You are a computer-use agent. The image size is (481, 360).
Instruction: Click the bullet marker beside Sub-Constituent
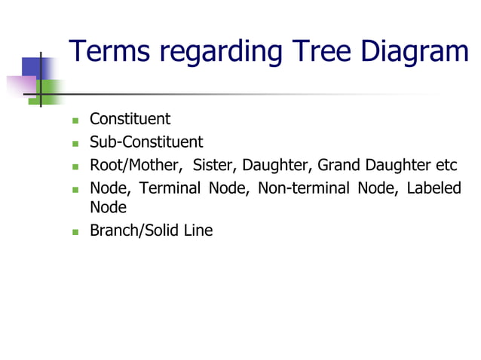coord(75,143)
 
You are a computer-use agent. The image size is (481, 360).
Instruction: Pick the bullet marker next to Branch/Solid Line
coord(75,232)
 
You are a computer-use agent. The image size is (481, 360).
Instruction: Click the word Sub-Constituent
coord(146,142)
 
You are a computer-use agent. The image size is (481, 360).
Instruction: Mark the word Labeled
coord(434,188)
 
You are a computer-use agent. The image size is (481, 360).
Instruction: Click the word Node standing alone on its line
coord(108,207)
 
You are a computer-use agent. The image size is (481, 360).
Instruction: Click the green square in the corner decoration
coord(51,91)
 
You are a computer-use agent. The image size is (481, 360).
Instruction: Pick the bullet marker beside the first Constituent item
coord(75,121)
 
